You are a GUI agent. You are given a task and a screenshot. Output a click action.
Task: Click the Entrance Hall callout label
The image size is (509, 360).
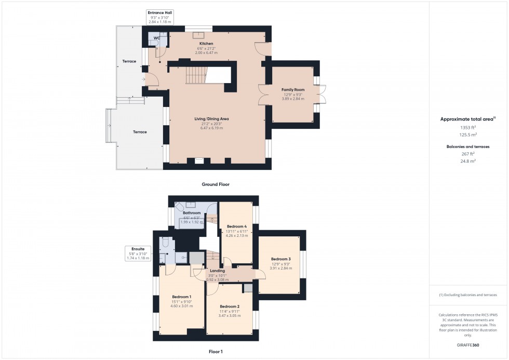click(x=160, y=12)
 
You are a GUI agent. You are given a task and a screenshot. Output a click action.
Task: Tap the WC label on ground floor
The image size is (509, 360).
click(x=156, y=38)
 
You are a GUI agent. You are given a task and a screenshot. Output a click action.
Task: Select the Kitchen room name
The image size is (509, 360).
click(x=207, y=44)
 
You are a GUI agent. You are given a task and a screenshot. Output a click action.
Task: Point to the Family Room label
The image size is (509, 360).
click(x=293, y=90)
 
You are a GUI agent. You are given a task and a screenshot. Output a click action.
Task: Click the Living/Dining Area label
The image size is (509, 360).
click(x=216, y=119)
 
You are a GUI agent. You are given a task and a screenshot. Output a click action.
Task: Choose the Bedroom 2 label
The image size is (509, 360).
click(x=229, y=306)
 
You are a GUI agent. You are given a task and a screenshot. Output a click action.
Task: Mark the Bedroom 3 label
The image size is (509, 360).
click(x=280, y=259)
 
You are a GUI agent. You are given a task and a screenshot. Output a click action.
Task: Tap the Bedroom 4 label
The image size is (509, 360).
click(x=237, y=226)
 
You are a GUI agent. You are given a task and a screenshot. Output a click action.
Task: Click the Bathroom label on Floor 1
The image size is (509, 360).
click(x=191, y=213)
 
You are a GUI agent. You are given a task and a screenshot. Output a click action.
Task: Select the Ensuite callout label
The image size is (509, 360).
click(x=138, y=249)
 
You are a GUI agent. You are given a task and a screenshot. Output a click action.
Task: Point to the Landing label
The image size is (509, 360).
click(x=217, y=271)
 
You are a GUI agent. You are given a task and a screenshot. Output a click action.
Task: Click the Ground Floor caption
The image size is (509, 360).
click(x=215, y=184)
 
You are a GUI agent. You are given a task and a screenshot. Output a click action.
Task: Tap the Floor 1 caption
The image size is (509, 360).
click(x=215, y=352)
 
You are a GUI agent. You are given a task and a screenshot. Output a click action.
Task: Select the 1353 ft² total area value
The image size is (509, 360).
click(x=468, y=127)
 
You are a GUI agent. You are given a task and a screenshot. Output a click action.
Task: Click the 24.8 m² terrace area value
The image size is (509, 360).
click(x=468, y=161)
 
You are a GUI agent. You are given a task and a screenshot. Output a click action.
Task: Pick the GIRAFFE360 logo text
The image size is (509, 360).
click(x=468, y=345)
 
